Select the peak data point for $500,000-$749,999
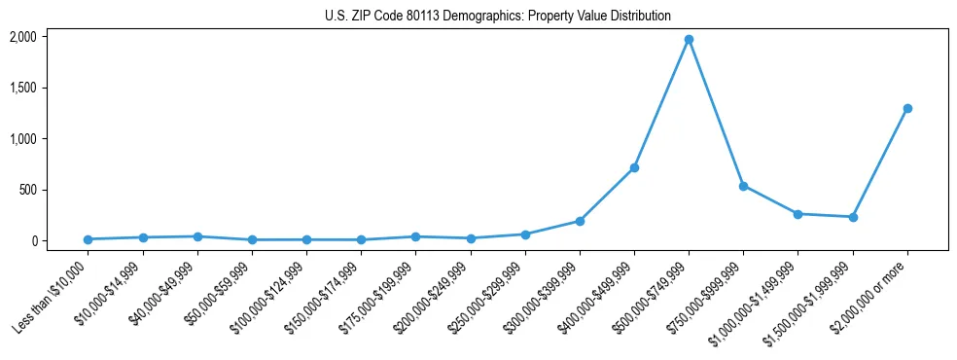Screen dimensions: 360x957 689,40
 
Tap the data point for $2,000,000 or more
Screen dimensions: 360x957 907,108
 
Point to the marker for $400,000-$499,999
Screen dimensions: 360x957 634,167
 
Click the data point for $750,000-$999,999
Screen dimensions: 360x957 743,186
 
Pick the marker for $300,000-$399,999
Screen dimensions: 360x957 580,221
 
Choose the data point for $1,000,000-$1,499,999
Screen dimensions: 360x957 797,214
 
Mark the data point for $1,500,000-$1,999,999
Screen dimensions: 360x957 853,217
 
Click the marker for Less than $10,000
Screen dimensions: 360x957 89,239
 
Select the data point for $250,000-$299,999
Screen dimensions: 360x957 525,234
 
